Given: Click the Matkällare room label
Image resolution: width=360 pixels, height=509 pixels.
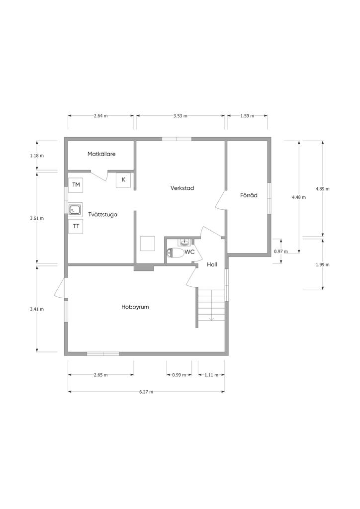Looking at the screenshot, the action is [101, 154].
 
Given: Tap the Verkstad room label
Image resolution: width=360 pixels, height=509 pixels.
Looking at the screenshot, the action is [182, 188].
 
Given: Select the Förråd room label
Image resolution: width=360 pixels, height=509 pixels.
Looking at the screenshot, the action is [249, 195].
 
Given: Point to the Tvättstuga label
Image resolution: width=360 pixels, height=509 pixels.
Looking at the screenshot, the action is [102, 215].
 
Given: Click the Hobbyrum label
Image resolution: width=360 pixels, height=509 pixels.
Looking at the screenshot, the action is [135, 307].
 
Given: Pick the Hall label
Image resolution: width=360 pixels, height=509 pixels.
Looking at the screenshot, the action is [212, 264].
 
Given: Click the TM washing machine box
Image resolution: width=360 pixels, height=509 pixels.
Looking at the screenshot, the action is [76, 185].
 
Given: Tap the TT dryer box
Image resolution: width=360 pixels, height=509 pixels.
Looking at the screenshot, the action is [76, 226].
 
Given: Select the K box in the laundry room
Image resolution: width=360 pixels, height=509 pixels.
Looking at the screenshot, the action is [124, 180].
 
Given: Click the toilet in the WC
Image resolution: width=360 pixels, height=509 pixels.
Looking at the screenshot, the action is [175, 253].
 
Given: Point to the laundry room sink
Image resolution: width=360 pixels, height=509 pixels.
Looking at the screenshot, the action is [75, 210].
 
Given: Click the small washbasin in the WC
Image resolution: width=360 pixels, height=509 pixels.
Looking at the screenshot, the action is [184, 242].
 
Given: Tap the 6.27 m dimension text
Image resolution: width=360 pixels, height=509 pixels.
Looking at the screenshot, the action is [146, 392].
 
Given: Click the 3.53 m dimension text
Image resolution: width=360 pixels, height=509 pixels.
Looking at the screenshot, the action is [180, 116].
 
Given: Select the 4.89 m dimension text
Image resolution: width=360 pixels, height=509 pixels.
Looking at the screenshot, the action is [322, 188].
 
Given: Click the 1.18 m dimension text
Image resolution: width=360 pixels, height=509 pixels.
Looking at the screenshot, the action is [37, 156].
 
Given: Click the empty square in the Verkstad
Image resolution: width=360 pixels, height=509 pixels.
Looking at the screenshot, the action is [147, 244].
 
